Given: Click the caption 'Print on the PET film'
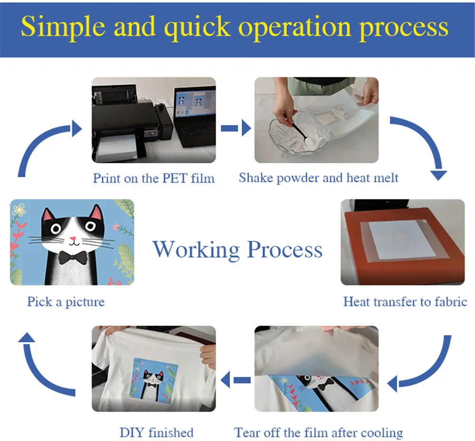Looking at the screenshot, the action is [153, 178].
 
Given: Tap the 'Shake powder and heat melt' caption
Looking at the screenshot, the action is [318, 178].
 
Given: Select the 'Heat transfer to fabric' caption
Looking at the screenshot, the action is [405, 301].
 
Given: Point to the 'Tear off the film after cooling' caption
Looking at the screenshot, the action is [318, 432].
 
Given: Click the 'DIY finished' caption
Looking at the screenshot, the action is [156, 432].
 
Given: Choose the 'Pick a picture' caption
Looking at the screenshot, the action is [66, 301].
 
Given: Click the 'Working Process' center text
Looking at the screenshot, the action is [237, 249].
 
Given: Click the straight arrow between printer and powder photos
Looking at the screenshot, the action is [236, 127].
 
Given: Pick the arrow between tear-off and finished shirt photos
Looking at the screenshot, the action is [236, 379].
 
